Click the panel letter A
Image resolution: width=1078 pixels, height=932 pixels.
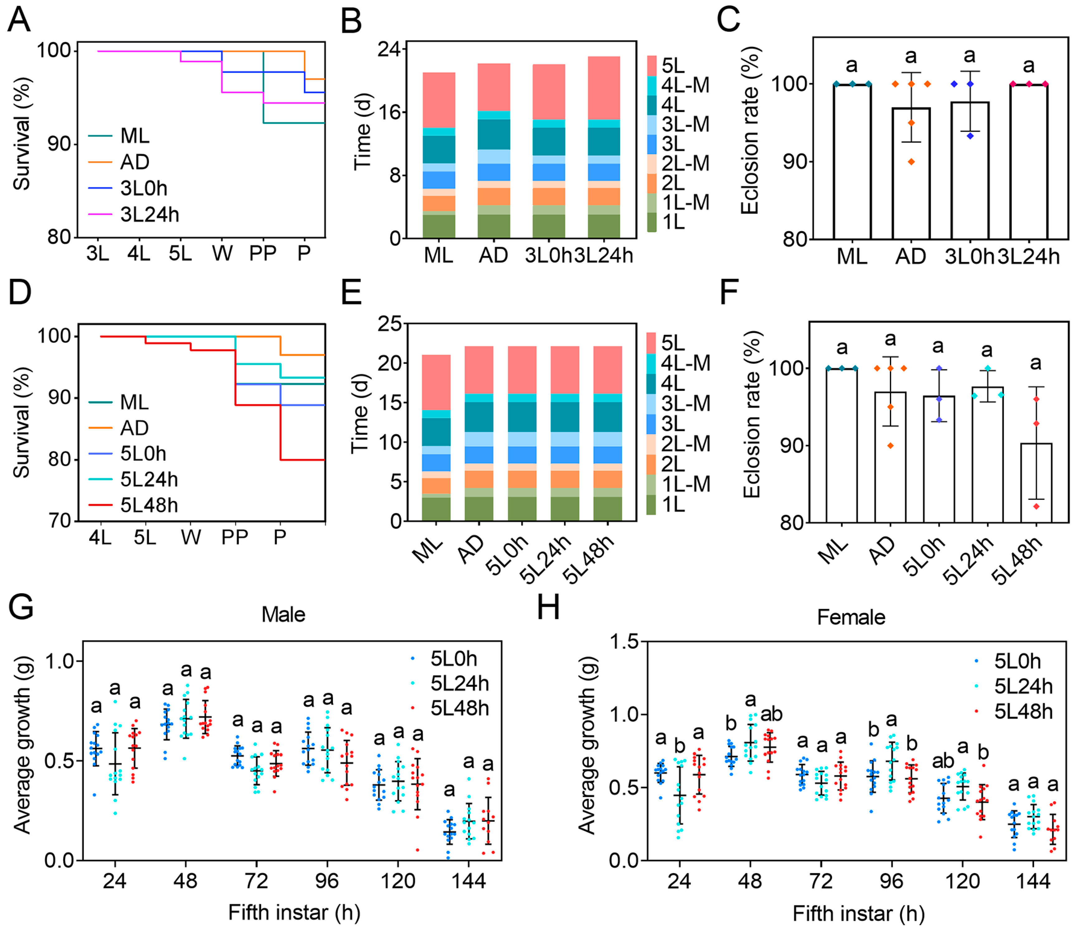pyautogui.click(x=19, y=20)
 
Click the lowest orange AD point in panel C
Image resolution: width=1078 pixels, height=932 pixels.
pyautogui.click(x=911, y=162)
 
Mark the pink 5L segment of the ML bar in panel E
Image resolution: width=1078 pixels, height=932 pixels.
pyautogui.click(x=436, y=382)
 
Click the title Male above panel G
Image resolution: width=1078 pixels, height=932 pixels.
pyautogui.click(x=283, y=615)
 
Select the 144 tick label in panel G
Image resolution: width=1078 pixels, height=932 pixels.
pyautogui.click(x=468, y=881)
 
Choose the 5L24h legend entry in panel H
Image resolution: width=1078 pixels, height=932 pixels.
pyautogui.click(x=1023, y=686)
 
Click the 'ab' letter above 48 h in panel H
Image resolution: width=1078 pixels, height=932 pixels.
pyautogui.click(x=772, y=714)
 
